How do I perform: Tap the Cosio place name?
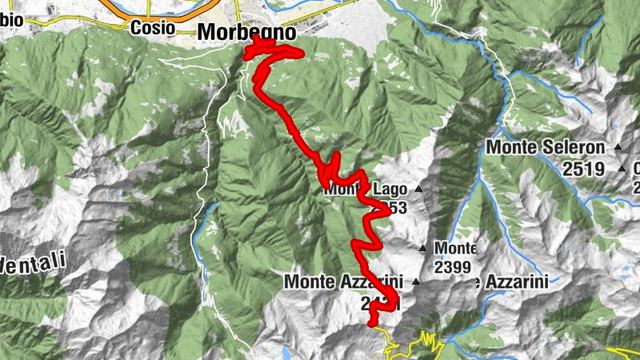[x=152, y=26]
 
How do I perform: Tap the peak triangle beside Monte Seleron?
[x=618, y=148]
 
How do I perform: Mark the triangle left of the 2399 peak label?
[x=422, y=249]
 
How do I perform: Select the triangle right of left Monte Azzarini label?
[x=415, y=282]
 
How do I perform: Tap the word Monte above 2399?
[x=456, y=249]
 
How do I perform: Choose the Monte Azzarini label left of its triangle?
[x=346, y=282]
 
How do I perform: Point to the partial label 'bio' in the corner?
[x=10, y=21]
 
